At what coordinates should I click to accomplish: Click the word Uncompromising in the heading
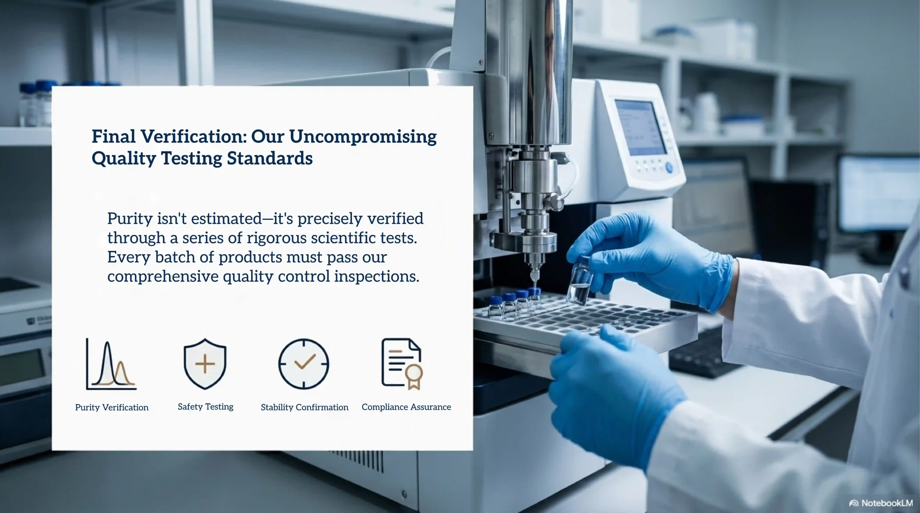[x=363, y=137]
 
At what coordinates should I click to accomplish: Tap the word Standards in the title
[x=270, y=158]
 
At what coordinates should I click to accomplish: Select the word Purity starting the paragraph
[x=130, y=219]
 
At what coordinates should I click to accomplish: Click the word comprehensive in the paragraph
[x=163, y=276]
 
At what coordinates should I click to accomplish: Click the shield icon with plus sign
[x=205, y=364]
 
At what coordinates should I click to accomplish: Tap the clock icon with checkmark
[x=304, y=364]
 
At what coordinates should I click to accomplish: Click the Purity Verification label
[x=112, y=407]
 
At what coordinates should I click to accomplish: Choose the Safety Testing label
[x=206, y=407]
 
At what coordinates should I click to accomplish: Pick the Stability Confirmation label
[x=304, y=407]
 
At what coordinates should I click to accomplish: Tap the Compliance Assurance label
[x=406, y=407]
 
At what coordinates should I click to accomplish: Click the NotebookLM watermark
[x=881, y=503]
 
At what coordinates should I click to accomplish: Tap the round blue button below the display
[x=669, y=167]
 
